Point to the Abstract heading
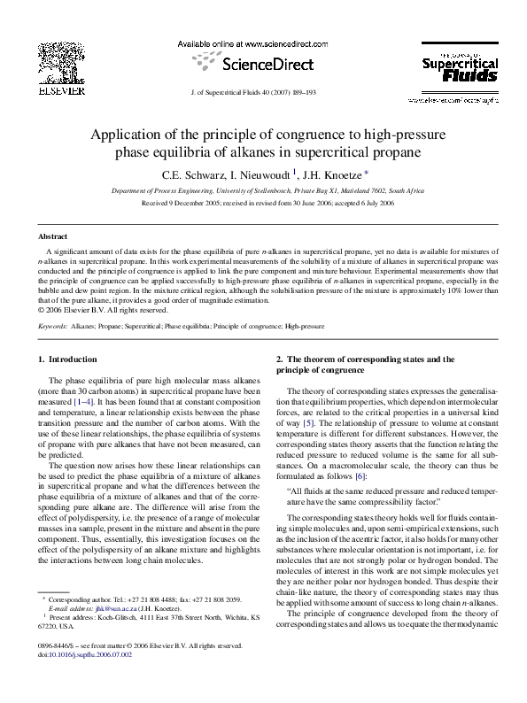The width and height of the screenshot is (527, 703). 52,236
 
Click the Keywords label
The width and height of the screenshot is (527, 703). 53,327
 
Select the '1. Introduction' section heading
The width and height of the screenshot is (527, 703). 67,359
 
